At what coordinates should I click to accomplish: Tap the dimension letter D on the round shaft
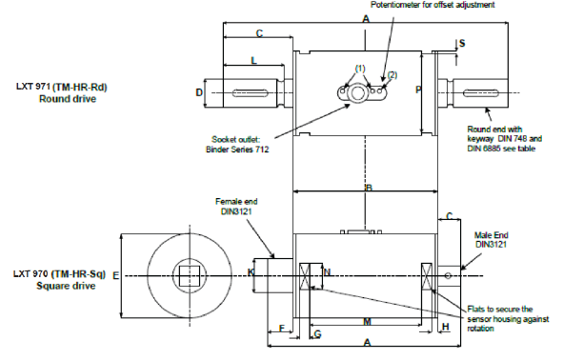199,92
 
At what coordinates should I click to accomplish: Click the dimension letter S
462,44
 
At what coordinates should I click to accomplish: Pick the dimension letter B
367,190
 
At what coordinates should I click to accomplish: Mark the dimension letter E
115,275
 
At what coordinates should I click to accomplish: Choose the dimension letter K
251,272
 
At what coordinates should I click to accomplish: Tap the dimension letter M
367,322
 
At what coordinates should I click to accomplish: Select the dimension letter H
446,328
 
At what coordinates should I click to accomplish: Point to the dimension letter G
317,334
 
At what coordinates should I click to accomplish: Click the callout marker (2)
392,73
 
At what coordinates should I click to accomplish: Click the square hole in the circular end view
189,276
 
